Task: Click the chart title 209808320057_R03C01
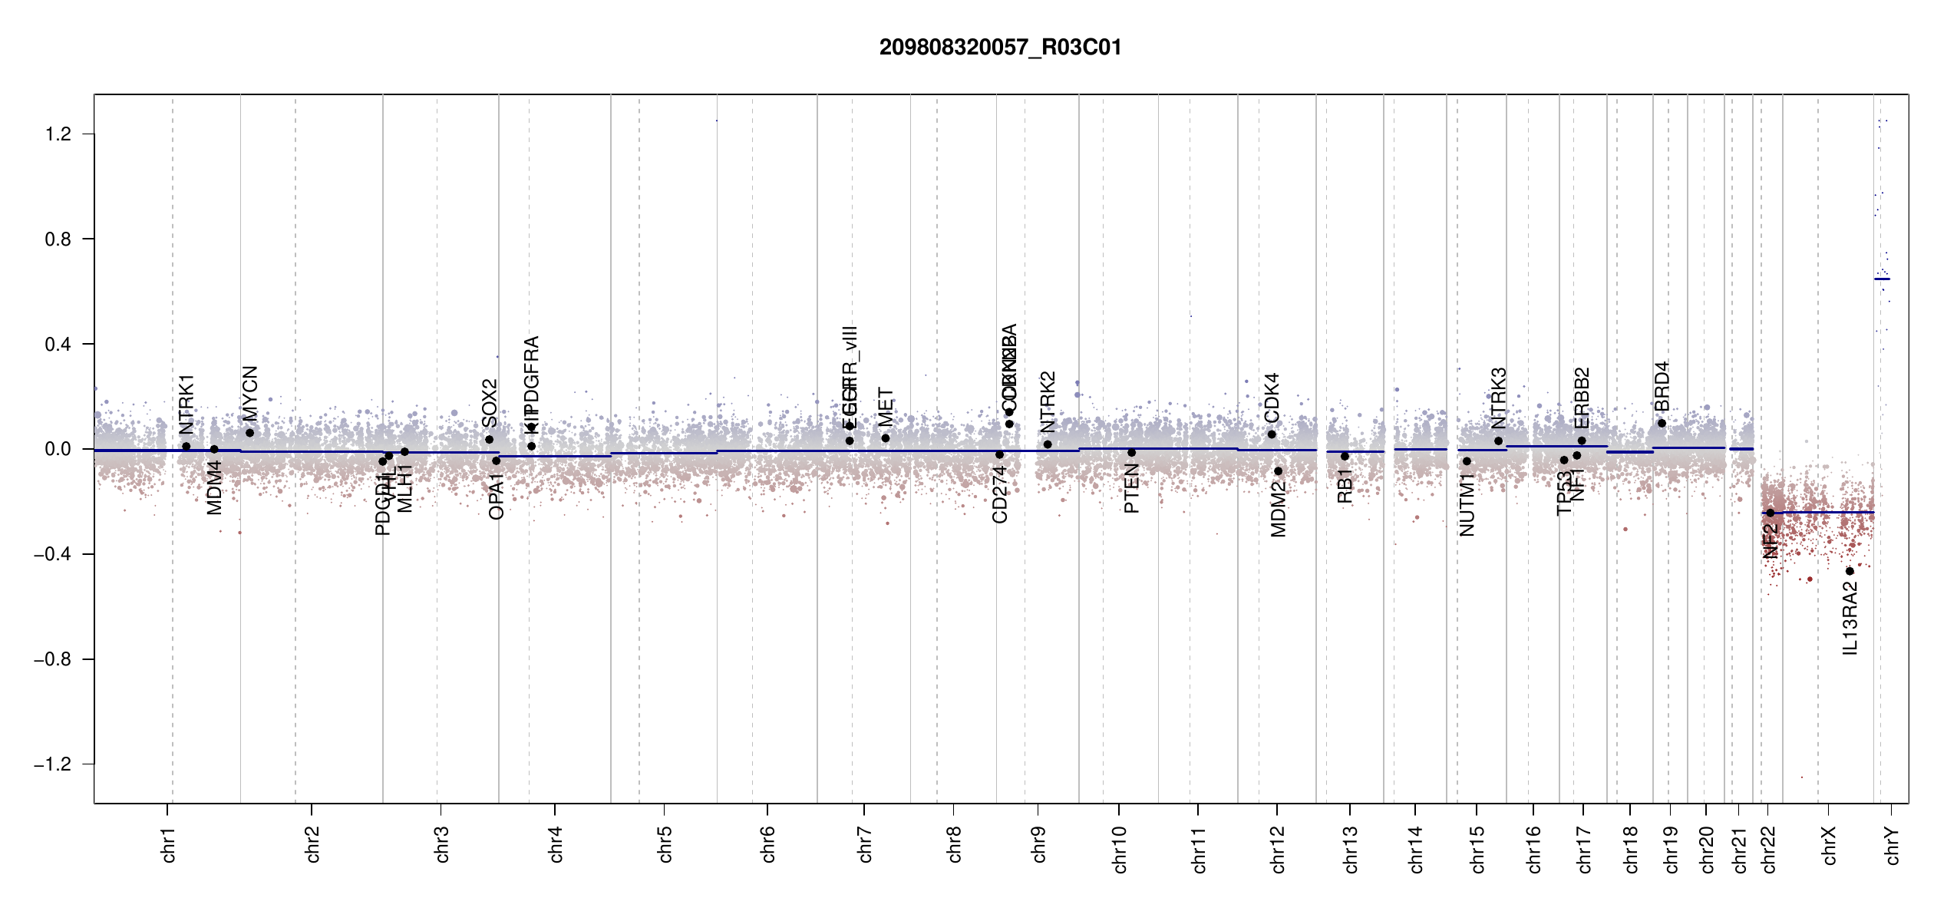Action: pos(1000,48)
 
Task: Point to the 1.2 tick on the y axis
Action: pos(58,134)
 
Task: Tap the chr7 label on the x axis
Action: pos(865,844)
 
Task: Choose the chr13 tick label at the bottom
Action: pos(1350,849)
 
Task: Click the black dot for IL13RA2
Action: pos(1850,571)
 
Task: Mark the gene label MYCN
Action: pos(250,393)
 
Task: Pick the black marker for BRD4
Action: pos(1662,423)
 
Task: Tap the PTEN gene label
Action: pos(1131,489)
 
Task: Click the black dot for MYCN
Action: pos(250,433)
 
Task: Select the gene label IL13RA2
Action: pos(1850,618)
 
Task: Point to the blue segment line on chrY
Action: pos(1882,279)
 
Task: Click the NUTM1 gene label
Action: pos(1467,504)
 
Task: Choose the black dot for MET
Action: pos(886,438)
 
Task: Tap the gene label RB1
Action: pos(1345,486)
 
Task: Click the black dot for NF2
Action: pos(1771,513)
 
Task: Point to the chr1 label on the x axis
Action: pos(168,844)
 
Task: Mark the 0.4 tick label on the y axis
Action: pos(58,344)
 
